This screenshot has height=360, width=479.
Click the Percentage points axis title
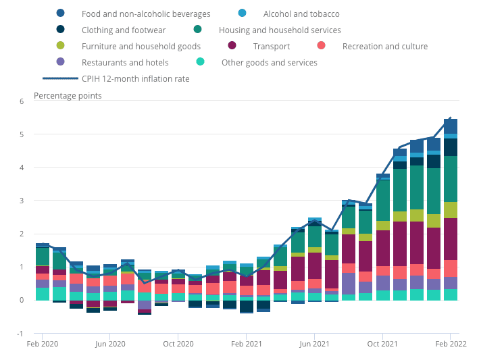pyautogui.click(x=68, y=95)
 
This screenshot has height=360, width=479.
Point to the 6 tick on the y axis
pyautogui.click(x=21, y=101)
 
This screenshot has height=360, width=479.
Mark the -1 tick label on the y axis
pyautogui.click(x=20, y=333)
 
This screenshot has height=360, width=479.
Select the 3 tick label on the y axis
pyautogui.click(x=21, y=201)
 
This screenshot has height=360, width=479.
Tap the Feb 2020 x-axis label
pyautogui.click(x=42, y=343)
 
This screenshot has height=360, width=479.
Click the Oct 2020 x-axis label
pyautogui.click(x=178, y=343)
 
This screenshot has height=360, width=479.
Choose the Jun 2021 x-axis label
pyautogui.click(x=315, y=343)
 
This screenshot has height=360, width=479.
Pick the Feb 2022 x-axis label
pyautogui.click(x=451, y=343)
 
